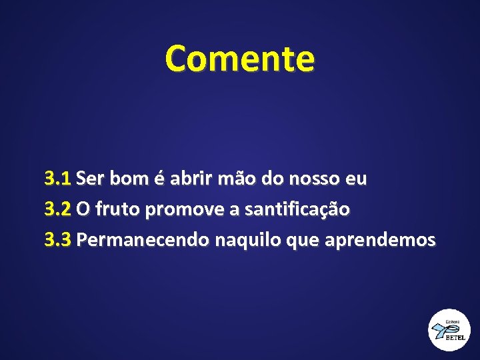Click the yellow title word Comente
coord(239,58)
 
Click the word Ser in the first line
coord(91,179)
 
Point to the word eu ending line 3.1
coord(356,179)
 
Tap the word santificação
coord(297,209)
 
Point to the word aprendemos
coord(379,239)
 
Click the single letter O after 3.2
coord(83,209)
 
